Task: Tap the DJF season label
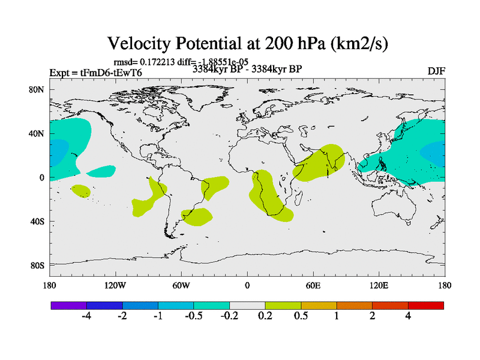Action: coord(436,71)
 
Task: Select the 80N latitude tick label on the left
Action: coord(37,89)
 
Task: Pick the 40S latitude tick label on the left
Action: coord(37,221)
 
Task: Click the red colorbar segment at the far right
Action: coord(426,305)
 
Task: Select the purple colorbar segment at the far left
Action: coord(68,305)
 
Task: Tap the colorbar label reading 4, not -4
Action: coord(408,316)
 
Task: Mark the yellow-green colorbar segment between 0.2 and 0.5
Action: coord(283,305)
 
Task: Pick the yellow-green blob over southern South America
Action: coord(197,216)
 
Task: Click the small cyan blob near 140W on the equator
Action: coord(99,172)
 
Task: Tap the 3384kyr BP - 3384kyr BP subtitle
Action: coord(247,69)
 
